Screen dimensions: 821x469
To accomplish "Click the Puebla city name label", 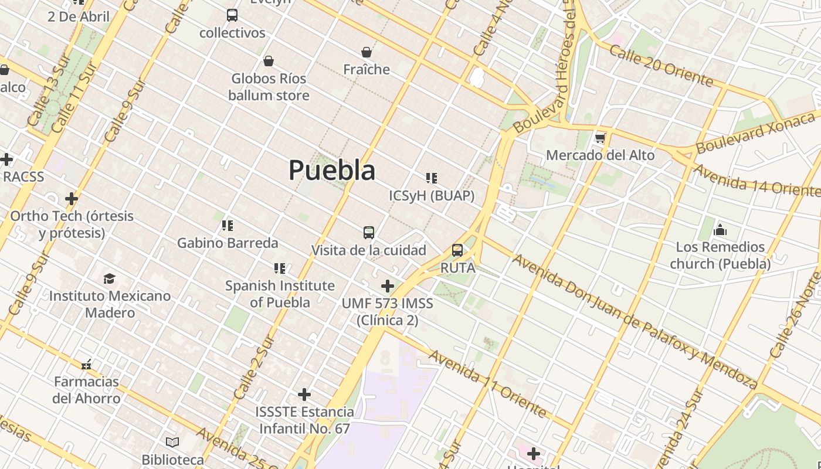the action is pos(332,171).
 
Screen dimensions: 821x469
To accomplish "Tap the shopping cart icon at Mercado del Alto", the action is pos(600,139).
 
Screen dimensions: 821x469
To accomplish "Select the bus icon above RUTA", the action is pos(457,251).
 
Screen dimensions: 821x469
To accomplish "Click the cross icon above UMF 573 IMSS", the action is pos(388,286).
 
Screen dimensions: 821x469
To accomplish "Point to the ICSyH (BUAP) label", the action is pos(432,196).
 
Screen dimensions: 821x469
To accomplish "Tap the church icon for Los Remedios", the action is pos(720,230).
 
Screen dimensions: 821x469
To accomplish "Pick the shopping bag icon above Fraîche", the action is pos(367,53).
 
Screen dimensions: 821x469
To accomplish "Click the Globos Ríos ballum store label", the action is pos(269,87).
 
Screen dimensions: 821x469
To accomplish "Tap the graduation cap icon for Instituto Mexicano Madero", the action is pos(109,278).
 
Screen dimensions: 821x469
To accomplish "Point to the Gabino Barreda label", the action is pos(228,243).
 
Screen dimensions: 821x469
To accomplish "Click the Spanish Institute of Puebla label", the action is pos(280,294).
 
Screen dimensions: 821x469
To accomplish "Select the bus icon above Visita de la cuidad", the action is pos(368,233).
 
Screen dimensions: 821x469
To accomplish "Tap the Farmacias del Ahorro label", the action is pos(87,390).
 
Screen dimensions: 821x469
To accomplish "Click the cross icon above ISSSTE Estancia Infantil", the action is pos(304,394).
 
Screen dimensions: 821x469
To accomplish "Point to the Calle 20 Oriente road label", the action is pos(661,66).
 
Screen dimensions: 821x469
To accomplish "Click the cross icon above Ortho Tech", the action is pos(72,199).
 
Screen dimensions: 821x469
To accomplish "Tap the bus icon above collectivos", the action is pos(232,15).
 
